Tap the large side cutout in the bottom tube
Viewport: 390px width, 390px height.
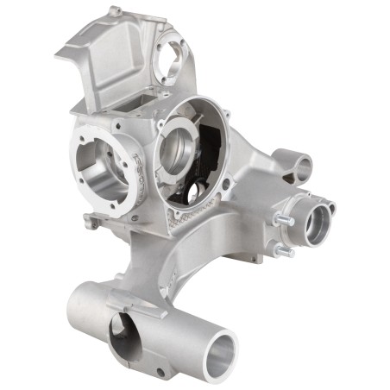coord(128,337)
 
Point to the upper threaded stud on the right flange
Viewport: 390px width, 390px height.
coord(280,220)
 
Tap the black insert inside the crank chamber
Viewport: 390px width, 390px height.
coord(210,169)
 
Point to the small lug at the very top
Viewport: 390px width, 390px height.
coord(115,11)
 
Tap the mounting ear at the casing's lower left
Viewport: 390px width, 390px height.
coord(91,222)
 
